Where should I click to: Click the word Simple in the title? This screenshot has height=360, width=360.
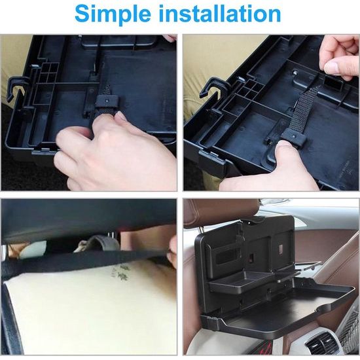[113, 14]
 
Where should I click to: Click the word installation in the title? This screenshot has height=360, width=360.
[219, 13]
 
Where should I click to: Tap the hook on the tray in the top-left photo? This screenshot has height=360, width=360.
[16, 87]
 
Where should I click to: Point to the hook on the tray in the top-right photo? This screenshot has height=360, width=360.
[214, 87]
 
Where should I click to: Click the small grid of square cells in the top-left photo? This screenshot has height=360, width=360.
[48, 72]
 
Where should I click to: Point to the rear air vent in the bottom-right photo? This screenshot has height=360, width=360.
[325, 344]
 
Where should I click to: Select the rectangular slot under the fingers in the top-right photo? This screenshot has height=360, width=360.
[333, 82]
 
